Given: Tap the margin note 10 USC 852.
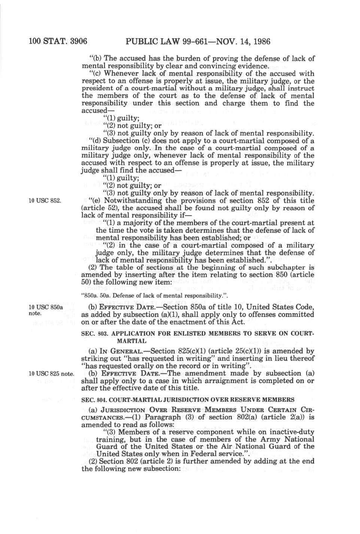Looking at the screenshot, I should tap(45, 200).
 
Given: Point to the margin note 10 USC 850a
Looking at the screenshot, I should tap(46, 307).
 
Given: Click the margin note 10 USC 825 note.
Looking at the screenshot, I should tap(51, 374).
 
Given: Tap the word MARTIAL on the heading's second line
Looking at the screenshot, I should tap(132, 341).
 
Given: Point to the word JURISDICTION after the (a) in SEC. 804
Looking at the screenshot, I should tap(116, 410).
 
